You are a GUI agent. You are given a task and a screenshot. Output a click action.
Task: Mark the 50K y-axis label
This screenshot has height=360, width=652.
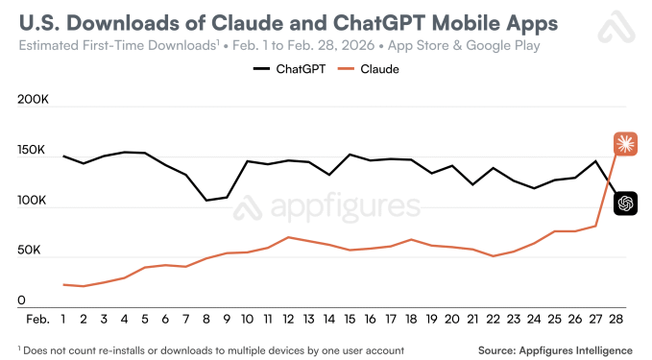37,252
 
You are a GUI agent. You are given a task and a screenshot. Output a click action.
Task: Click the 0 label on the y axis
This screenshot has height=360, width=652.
20,301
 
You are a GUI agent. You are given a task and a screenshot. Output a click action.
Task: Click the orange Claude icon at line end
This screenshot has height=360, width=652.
625,144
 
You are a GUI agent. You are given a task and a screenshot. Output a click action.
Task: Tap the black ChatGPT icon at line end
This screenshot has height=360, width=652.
625,203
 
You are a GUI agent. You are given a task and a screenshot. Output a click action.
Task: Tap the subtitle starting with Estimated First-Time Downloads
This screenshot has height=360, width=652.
278,46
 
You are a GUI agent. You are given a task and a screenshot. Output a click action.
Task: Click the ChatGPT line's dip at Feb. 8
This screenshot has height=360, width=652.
205,201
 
